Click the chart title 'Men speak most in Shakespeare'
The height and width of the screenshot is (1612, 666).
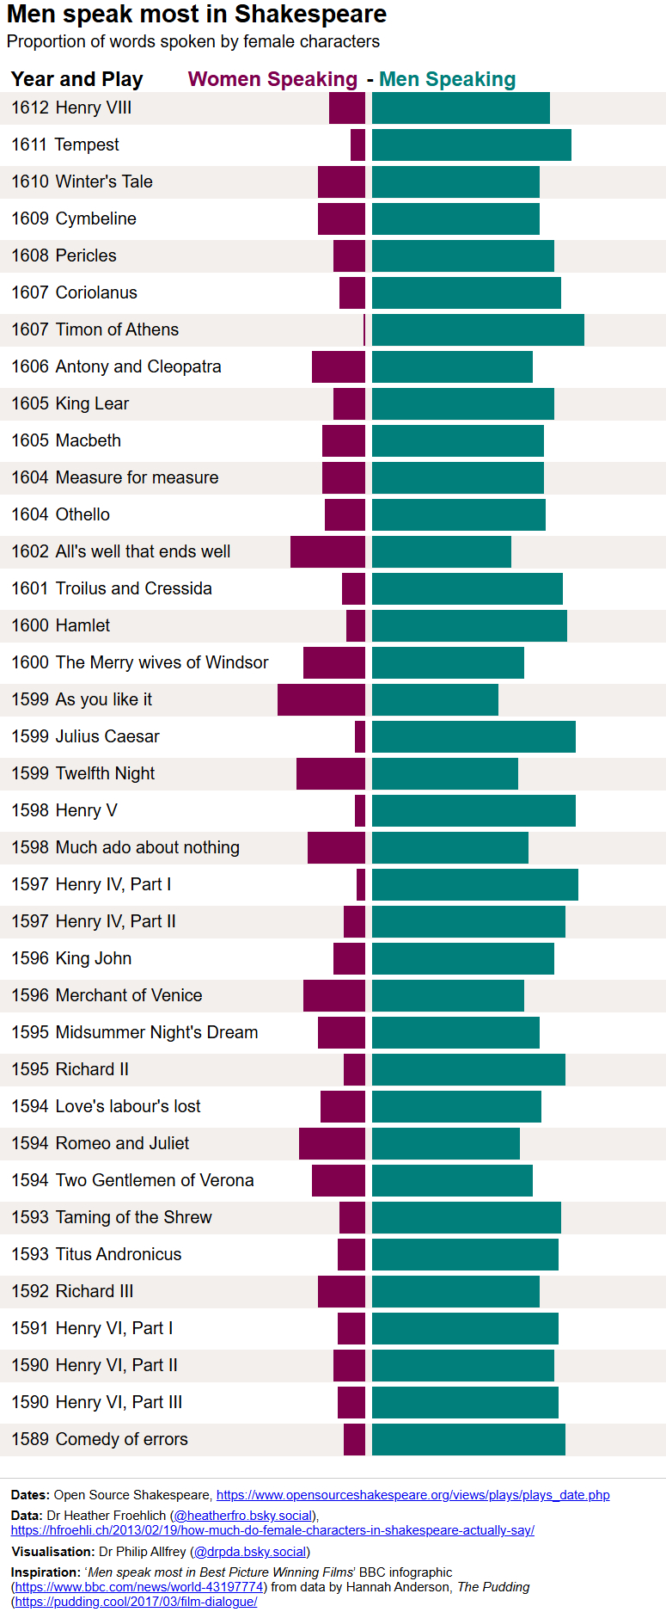pos(197,15)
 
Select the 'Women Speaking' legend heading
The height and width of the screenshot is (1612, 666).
pos(272,79)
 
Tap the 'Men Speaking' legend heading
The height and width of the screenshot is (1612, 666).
pos(447,79)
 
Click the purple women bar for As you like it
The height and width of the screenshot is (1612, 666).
pos(321,699)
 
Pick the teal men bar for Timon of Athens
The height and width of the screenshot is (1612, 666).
pos(478,330)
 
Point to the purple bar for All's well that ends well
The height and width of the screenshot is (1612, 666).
pos(327,551)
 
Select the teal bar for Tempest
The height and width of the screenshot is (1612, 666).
pos(471,145)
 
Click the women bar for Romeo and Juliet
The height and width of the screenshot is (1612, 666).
pos(332,1143)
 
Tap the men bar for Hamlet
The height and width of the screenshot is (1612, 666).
pos(469,625)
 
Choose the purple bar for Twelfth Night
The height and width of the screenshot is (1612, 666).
pos(331,773)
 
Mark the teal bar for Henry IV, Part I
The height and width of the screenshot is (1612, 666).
pos(474,884)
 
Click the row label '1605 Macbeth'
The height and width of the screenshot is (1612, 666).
pos(66,440)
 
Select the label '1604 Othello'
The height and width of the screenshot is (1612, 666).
pos(61,514)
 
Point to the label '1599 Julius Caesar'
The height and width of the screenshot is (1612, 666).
pos(85,736)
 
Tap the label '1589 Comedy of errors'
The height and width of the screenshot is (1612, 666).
pos(100,1439)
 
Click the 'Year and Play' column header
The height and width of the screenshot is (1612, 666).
pos(77,79)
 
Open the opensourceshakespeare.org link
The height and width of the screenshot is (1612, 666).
pos(412,1495)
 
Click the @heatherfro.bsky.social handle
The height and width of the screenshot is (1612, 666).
pos(245,1515)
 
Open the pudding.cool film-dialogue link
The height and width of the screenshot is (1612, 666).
pos(136,1601)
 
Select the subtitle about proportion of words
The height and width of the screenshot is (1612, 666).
pos(193,41)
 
